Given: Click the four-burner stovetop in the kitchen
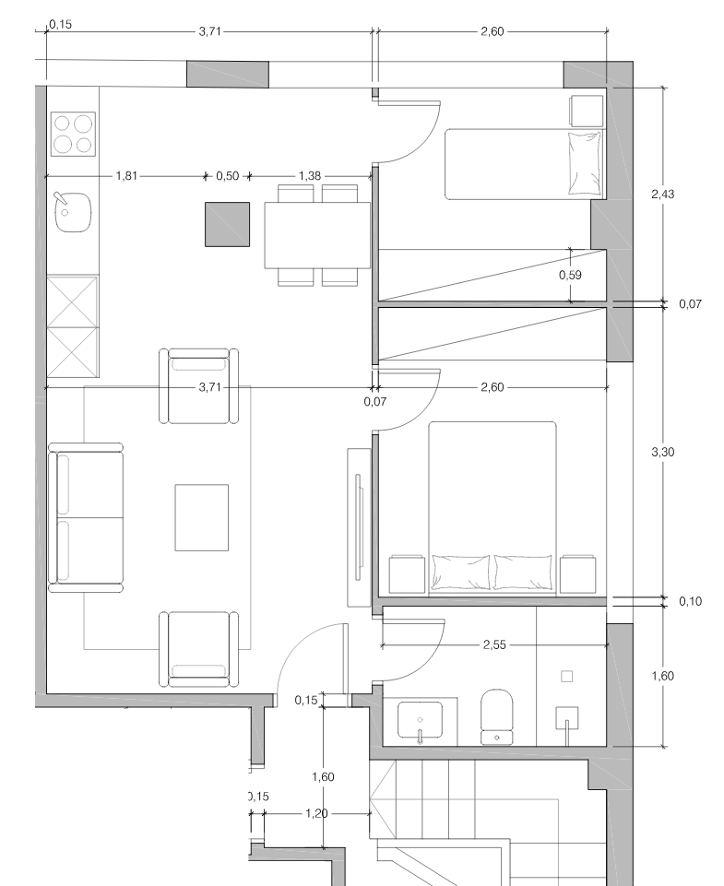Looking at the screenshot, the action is [x=73, y=134].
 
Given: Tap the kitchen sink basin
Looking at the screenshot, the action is [x=73, y=212].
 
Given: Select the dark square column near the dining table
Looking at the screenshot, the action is [x=227, y=224].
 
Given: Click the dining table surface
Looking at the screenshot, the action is [x=317, y=235].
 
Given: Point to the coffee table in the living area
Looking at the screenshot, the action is [x=202, y=517].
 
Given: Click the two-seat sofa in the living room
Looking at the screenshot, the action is [x=86, y=517].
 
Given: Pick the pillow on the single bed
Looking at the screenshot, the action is [x=585, y=163].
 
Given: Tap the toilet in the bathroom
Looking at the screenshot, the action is [x=497, y=716].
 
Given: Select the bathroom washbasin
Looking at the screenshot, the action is [x=420, y=719].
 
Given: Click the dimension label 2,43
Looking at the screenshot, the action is [x=662, y=194].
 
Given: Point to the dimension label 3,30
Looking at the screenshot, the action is [x=662, y=452].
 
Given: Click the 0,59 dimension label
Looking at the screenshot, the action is [x=570, y=275].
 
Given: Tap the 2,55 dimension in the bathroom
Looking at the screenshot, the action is [x=494, y=644].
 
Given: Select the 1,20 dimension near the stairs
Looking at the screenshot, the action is [x=316, y=813].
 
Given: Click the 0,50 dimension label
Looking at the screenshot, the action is [x=227, y=176].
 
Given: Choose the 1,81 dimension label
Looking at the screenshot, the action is [x=126, y=176].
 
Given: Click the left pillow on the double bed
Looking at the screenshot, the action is [x=460, y=572].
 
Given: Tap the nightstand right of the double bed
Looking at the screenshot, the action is [x=577, y=574].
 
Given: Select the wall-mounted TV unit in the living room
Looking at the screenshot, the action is [x=359, y=526].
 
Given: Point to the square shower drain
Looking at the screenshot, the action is [x=566, y=676].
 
